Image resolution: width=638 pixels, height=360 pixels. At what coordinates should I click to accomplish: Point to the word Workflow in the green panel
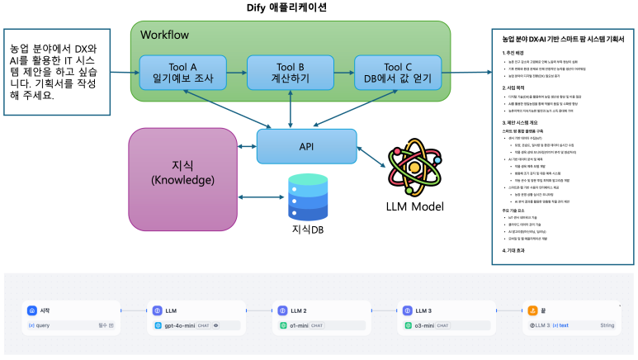[164, 36]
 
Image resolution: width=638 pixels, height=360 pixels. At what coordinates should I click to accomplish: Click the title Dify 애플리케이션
[295, 8]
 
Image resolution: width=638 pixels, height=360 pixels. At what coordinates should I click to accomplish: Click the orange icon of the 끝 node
[532, 310]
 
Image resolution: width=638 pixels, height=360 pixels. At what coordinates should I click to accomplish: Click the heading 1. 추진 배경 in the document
[517, 53]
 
